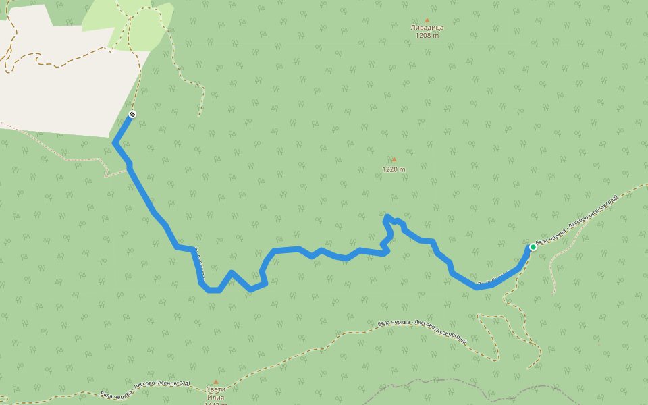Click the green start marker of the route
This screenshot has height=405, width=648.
[533, 247]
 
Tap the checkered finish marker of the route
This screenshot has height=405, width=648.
[132, 114]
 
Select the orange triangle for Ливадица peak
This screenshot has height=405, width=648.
[427, 20]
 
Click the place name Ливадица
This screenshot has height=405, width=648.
[427, 28]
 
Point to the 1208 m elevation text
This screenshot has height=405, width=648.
[427, 36]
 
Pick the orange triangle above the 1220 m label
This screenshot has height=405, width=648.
[394, 159]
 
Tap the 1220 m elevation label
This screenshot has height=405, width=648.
[394, 169]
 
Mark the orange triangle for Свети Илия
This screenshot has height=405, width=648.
[216, 381]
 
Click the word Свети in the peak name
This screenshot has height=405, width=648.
[216, 389]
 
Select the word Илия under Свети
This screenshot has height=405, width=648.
[216, 398]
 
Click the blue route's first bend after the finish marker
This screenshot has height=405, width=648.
[115, 143]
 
